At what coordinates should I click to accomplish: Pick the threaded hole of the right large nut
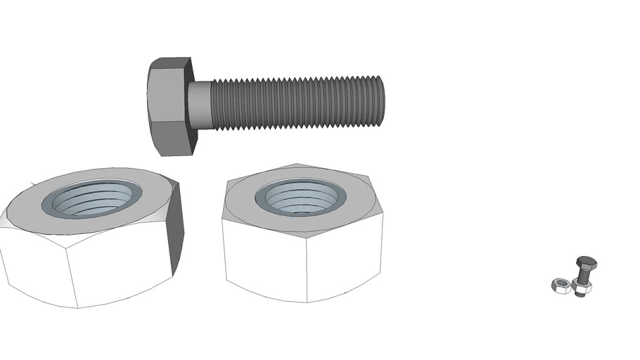(x=299, y=196)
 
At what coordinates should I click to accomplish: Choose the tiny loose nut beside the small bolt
(x=560, y=285)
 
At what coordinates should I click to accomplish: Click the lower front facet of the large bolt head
(x=170, y=138)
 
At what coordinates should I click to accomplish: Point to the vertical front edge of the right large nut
(x=307, y=267)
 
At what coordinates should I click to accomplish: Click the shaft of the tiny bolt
(x=583, y=276)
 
